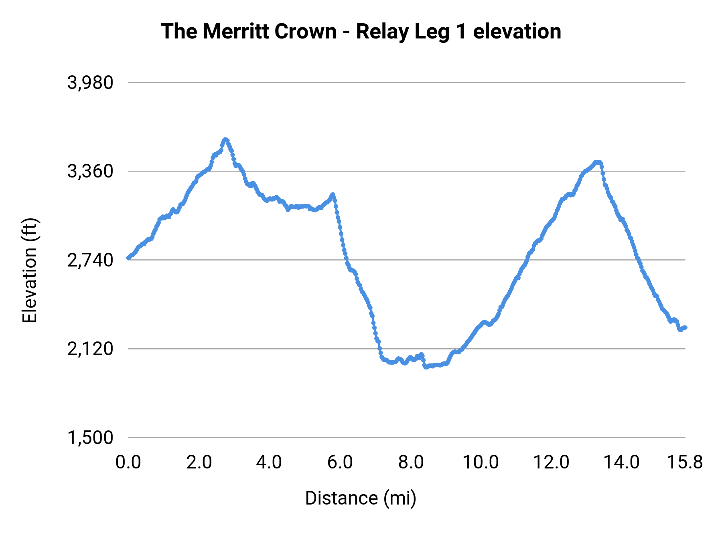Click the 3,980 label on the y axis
[x=90, y=83]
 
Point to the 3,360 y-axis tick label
[x=90, y=172]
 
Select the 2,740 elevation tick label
[x=90, y=260]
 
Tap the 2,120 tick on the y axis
[x=90, y=349]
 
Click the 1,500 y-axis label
[x=90, y=438]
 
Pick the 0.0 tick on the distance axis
[x=128, y=462]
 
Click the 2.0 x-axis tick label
[x=199, y=462]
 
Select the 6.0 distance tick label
[x=340, y=462]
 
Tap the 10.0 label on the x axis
[x=481, y=462]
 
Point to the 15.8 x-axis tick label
[x=685, y=462]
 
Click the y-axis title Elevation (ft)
[x=30, y=270]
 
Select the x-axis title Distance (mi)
[x=361, y=498]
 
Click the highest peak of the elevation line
[x=225, y=139]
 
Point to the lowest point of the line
[x=426, y=367]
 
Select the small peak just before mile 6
[x=333, y=195]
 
